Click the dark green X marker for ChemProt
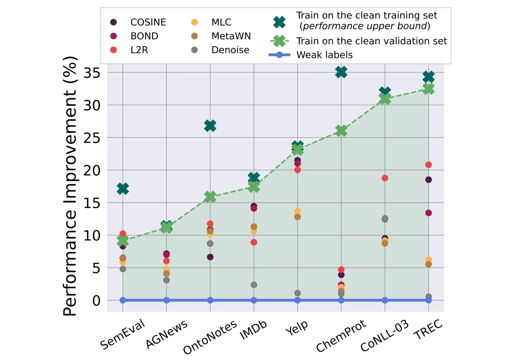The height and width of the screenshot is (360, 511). pos(341,72)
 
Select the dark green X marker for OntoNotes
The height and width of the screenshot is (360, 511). pos(210,126)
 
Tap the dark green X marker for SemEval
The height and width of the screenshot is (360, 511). pos(123,189)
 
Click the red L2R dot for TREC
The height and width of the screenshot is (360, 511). pos(428,165)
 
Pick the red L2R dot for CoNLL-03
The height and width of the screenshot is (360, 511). pos(385,178)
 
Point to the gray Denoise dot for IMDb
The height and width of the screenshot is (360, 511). pos(254,285)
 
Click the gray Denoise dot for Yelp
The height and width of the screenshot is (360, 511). pos(297,293)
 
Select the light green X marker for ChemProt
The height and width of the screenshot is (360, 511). pos(341,131)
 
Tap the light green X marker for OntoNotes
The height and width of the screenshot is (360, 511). pos(210,197)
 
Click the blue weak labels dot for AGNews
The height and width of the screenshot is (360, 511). pos(166,300)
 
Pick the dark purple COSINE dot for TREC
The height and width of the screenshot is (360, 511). pos(428,180)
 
